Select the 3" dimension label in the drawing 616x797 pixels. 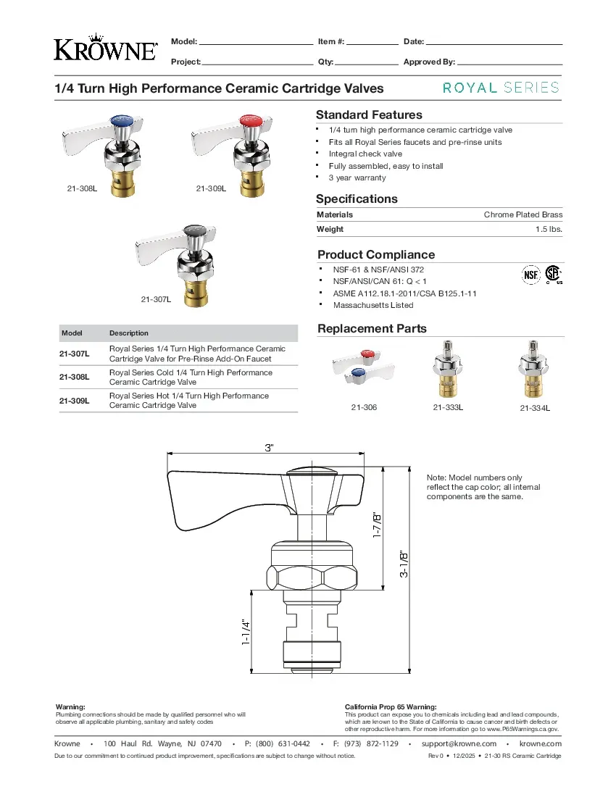270,448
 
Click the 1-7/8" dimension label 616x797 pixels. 375,526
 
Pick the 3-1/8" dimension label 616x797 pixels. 404,563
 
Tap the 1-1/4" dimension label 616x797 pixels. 246,633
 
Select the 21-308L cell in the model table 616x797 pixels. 75,377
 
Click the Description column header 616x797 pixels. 129,333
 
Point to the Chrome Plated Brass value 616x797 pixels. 523,214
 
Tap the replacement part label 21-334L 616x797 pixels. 535,409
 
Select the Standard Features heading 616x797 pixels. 369,114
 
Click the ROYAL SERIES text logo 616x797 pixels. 501,88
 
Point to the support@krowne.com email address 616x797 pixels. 459,743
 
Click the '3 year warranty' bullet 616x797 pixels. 357,178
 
